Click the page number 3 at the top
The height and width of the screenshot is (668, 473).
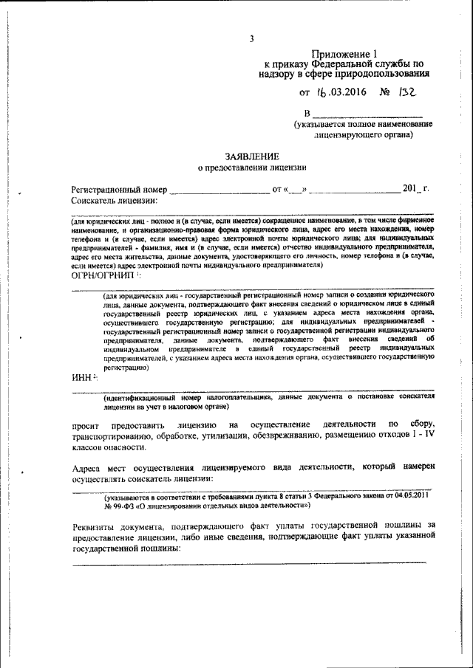click(251, 39)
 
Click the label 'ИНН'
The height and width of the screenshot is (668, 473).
click(82, 377)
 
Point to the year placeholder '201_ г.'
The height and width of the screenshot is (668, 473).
click(415, 188)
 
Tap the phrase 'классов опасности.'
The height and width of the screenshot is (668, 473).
click(109, 447)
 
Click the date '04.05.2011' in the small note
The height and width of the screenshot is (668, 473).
click(412, 497)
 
